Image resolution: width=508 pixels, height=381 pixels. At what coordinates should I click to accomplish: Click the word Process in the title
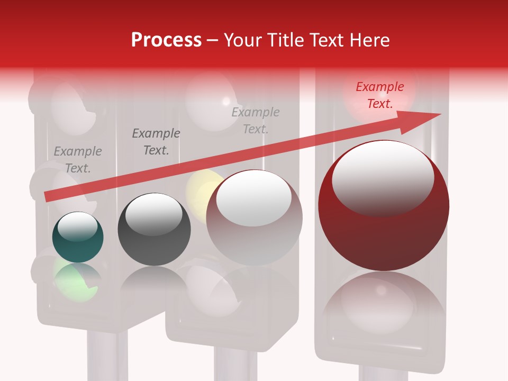click(166, 40)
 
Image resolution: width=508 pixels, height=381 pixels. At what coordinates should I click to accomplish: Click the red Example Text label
click(379, 95)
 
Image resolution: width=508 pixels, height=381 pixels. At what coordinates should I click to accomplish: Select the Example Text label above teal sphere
click(78, 160)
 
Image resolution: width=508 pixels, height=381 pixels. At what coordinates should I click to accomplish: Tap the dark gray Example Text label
click(156, 142)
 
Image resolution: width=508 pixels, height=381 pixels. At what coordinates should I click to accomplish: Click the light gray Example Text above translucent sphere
click(256, 120)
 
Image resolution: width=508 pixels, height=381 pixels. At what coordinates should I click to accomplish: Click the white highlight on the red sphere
click(383, 177)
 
